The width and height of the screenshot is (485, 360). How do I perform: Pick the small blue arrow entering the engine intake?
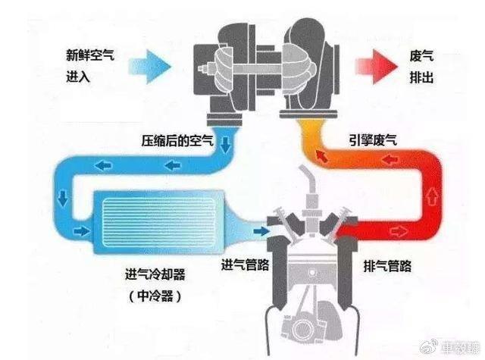pos(262,227)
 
